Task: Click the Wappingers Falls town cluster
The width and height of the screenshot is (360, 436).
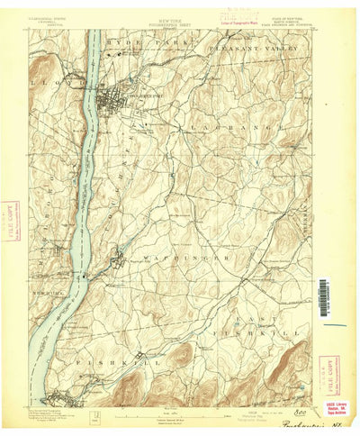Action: click(117, 262)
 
